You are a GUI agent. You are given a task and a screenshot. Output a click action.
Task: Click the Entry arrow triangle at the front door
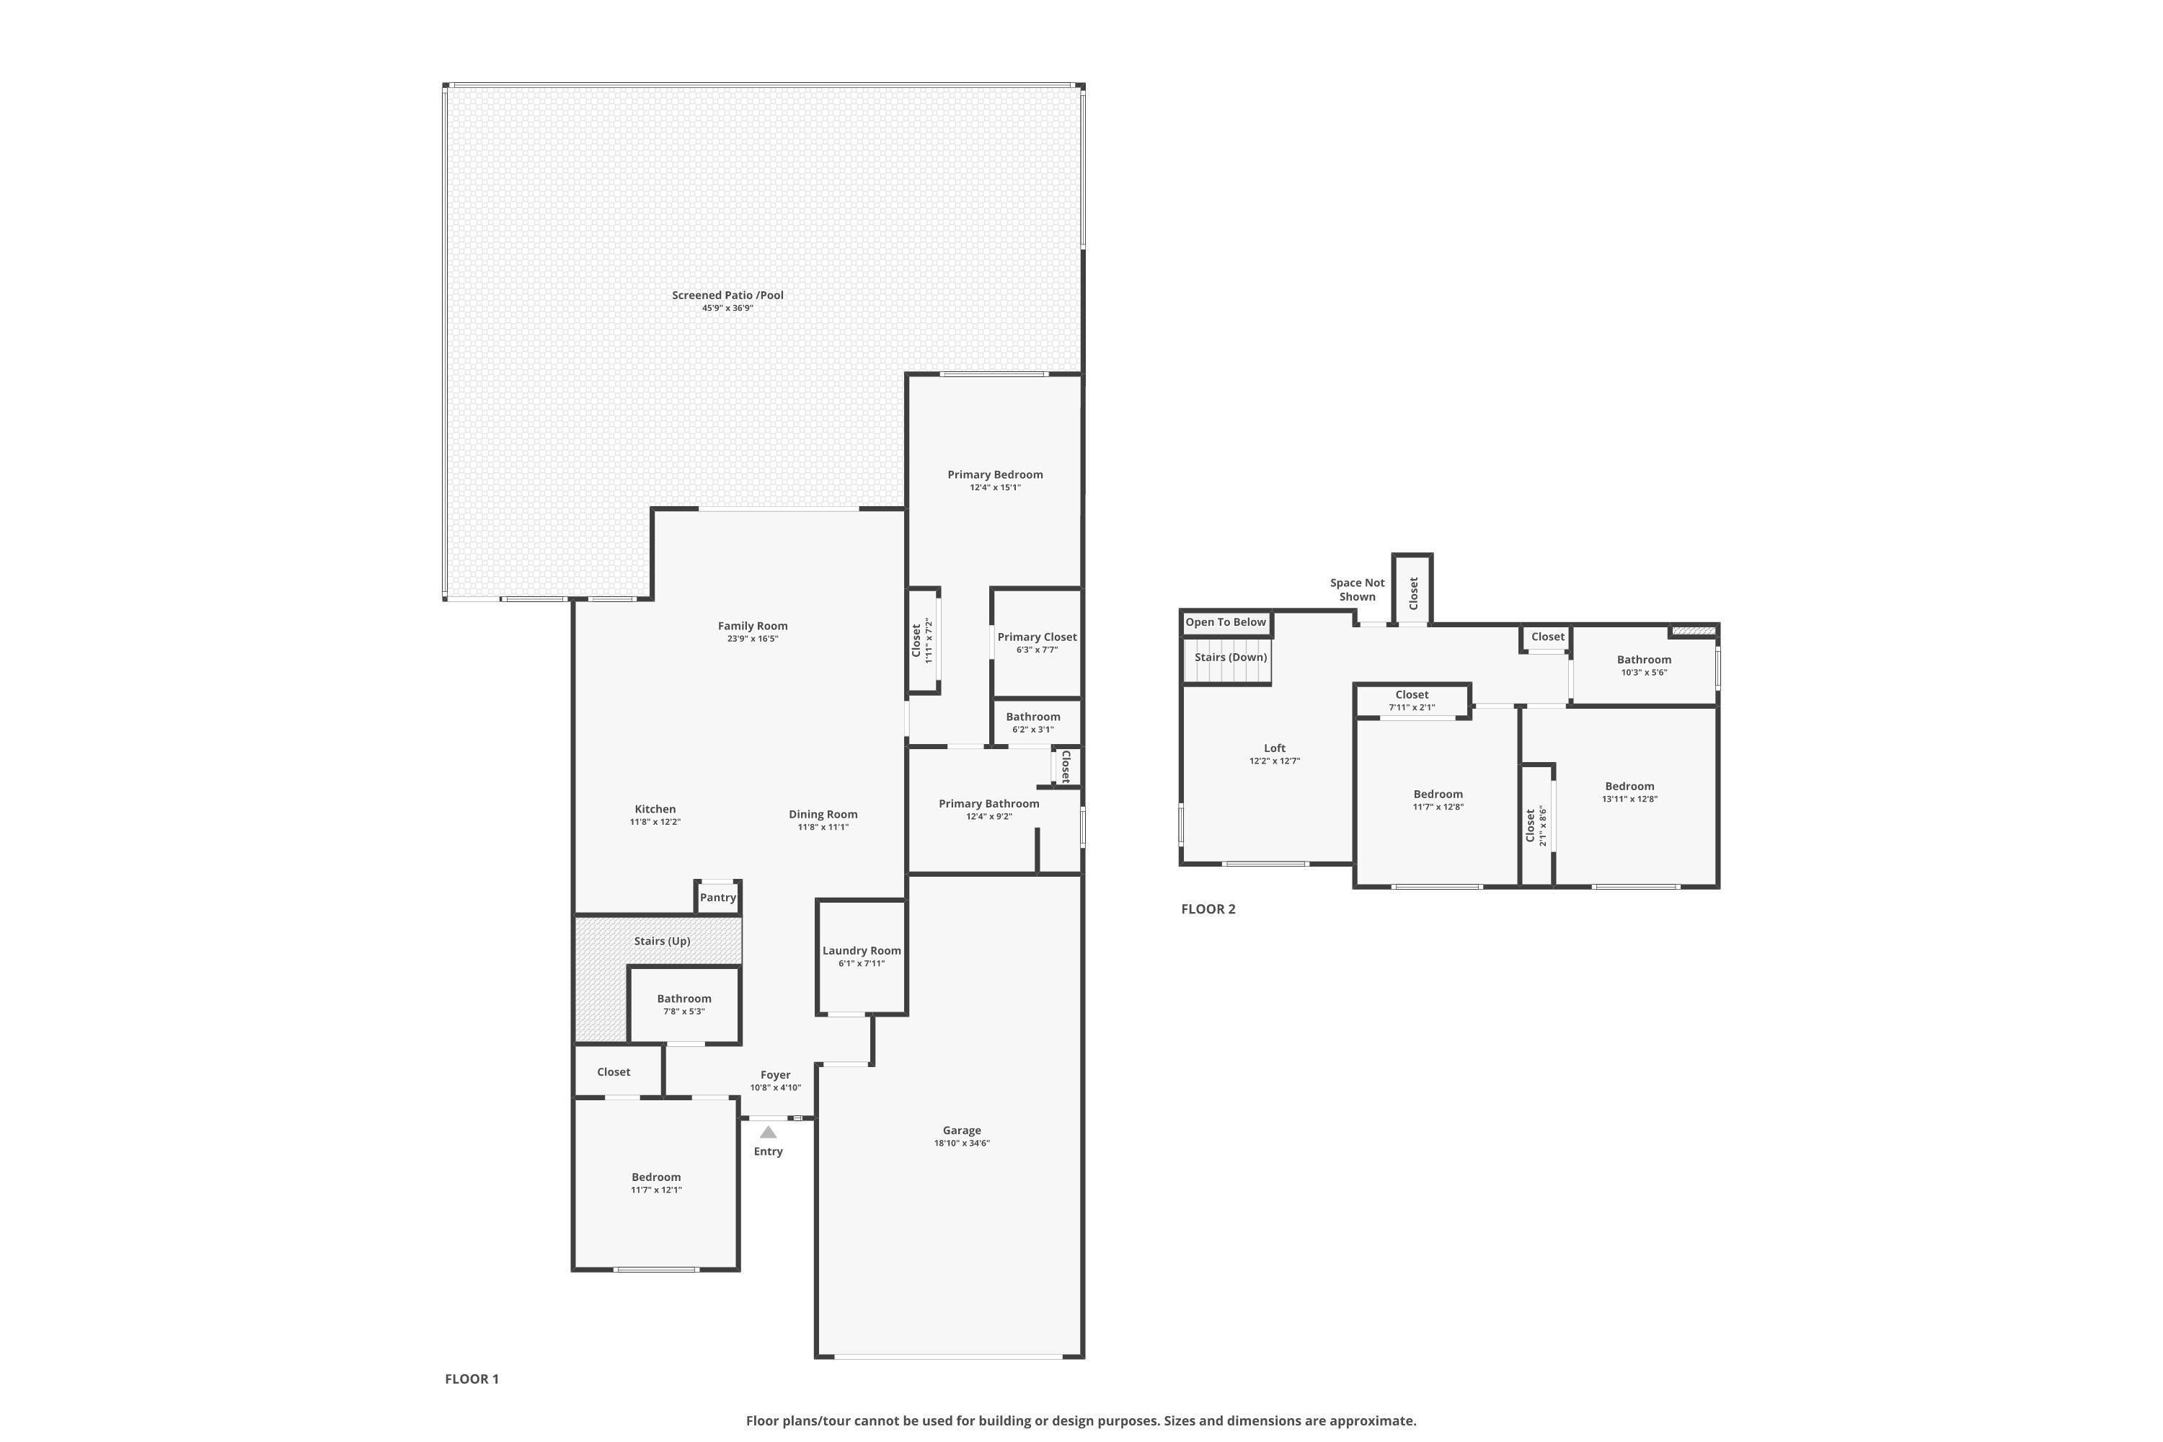[x=768, y=1132]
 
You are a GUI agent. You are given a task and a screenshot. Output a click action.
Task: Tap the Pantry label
[x=717, y=898]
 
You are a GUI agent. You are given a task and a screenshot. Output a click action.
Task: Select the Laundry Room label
[x=861, y=951]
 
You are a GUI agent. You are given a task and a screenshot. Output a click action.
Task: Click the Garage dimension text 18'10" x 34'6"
[x=961, y=1143]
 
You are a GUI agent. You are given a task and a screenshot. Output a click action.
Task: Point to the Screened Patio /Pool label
[x=727, y=295]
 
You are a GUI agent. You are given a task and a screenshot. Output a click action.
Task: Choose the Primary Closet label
[x=1037, y=637]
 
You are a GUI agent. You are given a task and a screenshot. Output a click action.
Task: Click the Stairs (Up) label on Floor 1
[x=661, y=941]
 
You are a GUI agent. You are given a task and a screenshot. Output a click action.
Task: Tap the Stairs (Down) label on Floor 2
[x=1231, y=657]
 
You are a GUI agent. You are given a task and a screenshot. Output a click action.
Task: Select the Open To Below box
[x=1225, y=623]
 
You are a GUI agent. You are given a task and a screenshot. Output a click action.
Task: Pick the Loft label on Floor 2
[x=1274, y=748]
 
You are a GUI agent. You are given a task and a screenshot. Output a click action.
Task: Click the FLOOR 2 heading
[x=1208, y=908]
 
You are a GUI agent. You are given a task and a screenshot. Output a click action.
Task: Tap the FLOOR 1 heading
[x=471, y=1379]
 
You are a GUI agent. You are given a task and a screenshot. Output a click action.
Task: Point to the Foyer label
[x=774, y=1074]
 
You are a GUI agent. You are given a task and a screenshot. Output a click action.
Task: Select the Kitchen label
[x=655, y=809]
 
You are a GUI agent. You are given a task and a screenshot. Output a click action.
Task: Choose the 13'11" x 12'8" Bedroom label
[x=1629, y=787]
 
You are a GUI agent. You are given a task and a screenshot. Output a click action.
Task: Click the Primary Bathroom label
[x=988, y=804]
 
